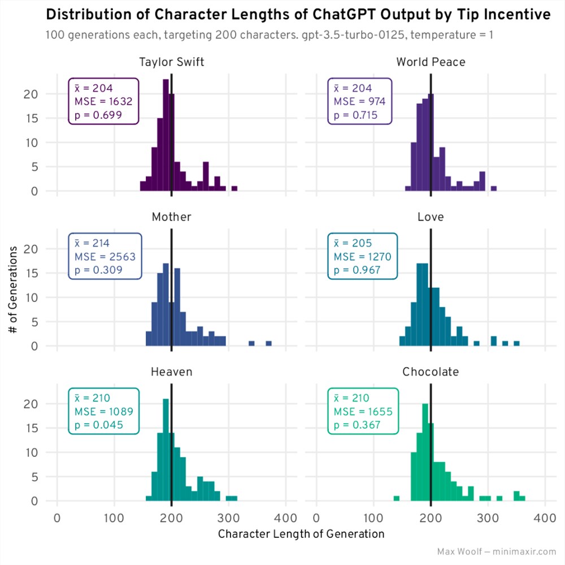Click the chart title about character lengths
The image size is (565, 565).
point(297,15)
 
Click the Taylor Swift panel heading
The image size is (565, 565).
point(172,62)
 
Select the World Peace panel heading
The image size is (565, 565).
point(431,62)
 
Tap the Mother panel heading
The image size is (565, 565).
point(172,217)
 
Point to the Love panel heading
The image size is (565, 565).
point(431,217)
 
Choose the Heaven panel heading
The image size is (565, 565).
point(172,372)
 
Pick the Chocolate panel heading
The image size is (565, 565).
point(431,372)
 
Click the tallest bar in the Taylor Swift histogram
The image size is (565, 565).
point(166,136)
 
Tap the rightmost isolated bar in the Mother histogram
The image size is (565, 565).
point(269,343)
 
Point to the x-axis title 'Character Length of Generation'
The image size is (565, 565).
point(301,534)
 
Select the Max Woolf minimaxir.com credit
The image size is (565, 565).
point(497,551)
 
